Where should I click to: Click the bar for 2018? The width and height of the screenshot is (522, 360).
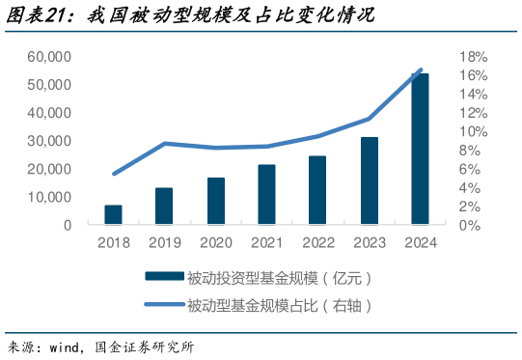coord(114,214)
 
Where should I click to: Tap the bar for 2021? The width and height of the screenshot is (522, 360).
coord(267,194)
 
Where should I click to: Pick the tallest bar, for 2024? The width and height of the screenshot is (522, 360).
coord(420,149)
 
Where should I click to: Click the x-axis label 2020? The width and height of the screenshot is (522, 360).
coord(215,243)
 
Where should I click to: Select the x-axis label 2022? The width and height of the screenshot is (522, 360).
coord(318,243)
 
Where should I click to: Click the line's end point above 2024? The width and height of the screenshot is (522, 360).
coord(421,70)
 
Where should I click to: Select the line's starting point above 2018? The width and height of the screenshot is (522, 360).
coord(114,174)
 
